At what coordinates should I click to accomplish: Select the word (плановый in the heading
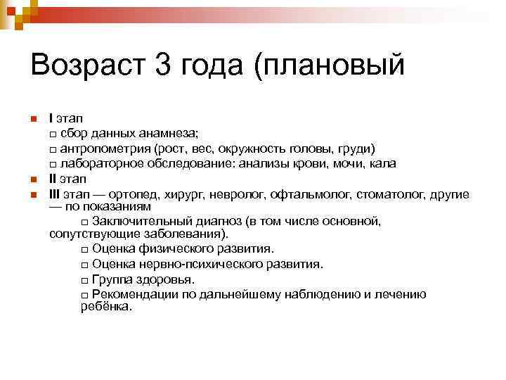pos(330,68)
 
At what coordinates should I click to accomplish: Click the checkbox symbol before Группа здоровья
pos(85,280)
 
